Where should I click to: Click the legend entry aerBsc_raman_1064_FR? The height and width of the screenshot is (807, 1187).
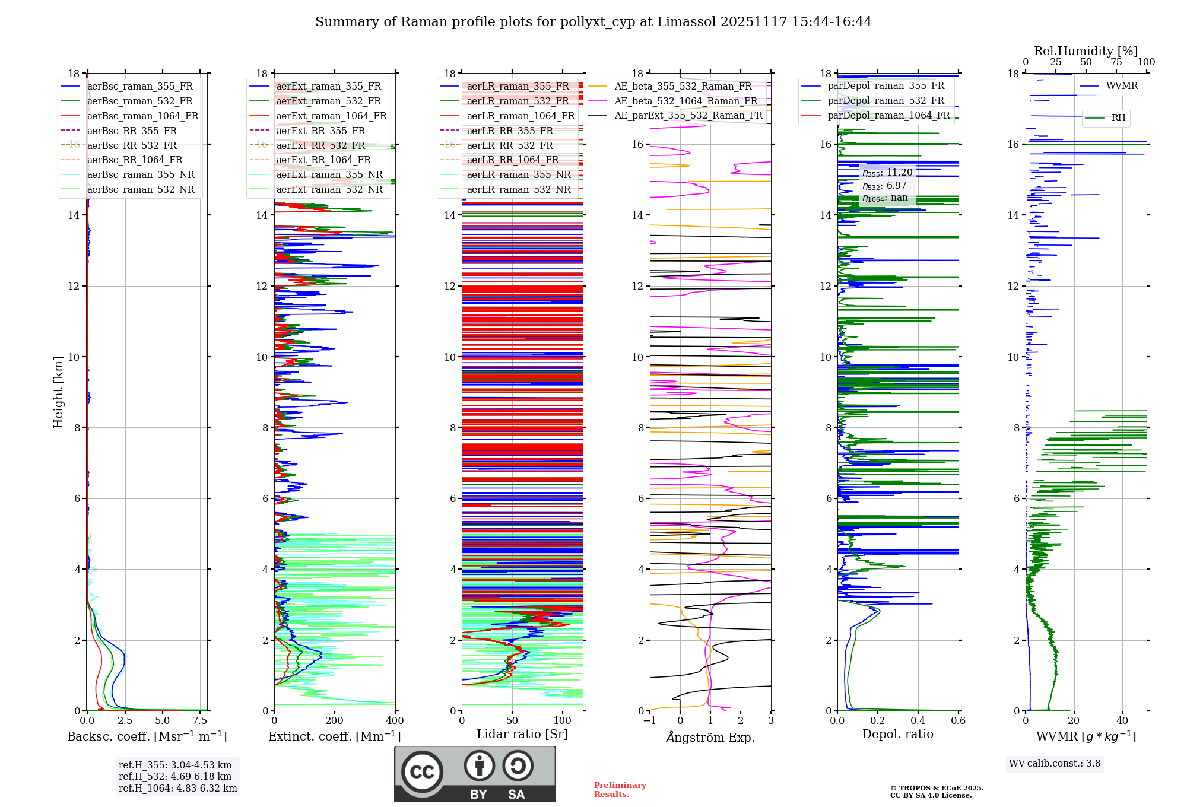click(142, 116)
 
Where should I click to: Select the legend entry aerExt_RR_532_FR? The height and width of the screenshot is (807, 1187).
click(320, 145)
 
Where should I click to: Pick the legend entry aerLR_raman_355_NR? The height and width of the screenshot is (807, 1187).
click(518, 174)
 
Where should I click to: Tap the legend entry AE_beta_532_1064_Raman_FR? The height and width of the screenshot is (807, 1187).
click(685, 101)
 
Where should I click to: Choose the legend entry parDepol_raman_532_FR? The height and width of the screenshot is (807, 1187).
click(886, 100)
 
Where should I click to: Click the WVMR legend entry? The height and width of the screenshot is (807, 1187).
click(1122, 86)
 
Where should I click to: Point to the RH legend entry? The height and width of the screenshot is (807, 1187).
click(1118, 118)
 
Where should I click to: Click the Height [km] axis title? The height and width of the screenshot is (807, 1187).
click(58, 392)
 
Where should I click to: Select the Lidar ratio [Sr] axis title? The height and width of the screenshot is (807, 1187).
click(522, 735)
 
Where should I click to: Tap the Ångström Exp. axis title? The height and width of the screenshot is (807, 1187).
click(710, 737)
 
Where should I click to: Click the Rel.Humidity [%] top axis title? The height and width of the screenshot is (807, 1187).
click(1086, 51)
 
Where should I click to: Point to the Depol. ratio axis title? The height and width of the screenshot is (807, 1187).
click(898, 735)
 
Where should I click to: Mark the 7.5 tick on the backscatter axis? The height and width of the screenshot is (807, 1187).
click(200, 721)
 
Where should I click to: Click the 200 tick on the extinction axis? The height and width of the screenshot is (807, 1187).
click(335, 721)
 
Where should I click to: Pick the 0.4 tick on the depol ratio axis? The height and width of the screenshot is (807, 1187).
click(918, 721)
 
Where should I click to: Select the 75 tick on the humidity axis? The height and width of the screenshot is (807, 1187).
click(1116, 62)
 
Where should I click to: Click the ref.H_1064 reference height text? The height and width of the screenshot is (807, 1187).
click(177, 788)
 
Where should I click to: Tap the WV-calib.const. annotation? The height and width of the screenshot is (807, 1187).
click(1055, 764)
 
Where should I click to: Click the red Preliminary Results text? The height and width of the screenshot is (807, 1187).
click(620, 790)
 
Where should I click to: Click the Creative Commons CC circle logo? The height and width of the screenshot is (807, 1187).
click(422, 771)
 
